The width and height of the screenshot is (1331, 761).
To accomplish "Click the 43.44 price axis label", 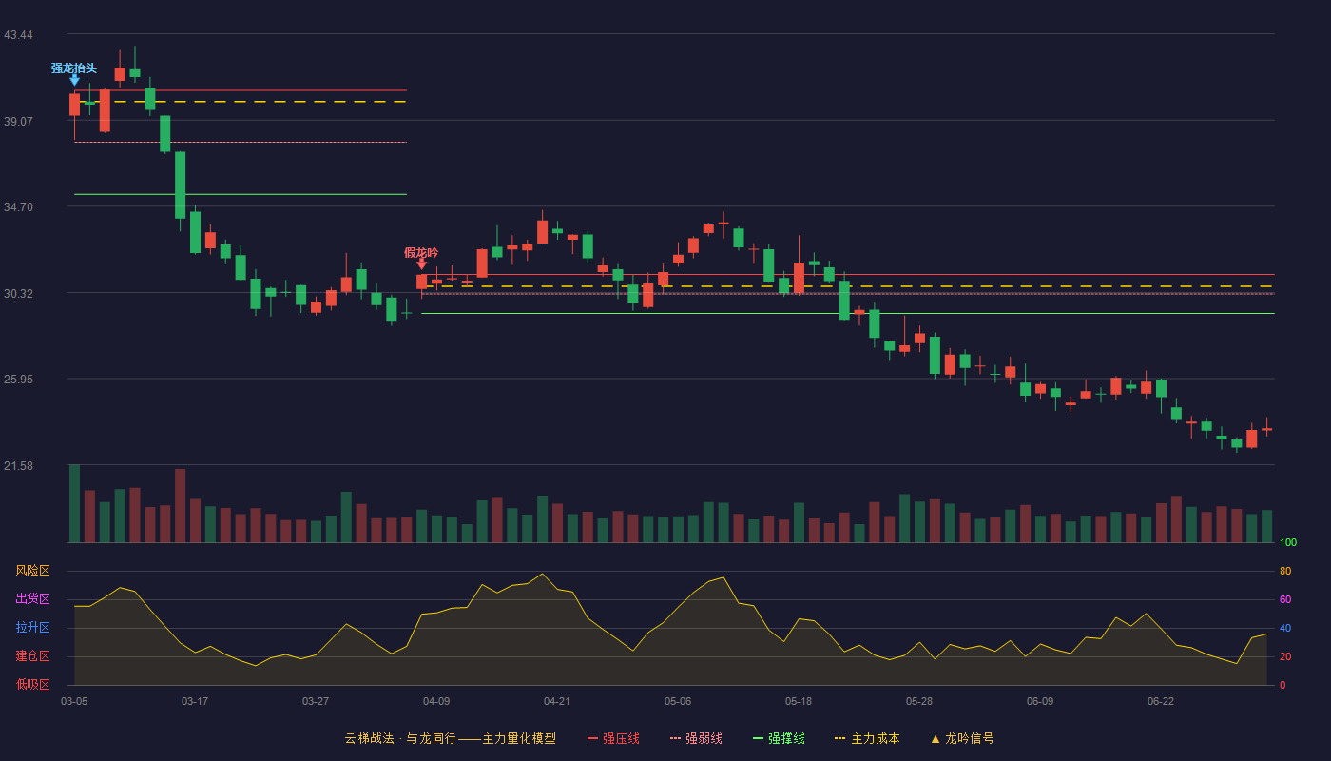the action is [x=18, y=35].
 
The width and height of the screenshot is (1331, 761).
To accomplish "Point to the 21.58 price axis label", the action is [x=18, y=465].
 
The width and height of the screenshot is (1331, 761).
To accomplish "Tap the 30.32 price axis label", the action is [x=18, y=294].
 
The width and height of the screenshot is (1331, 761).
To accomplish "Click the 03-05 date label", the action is [x=74, y=702].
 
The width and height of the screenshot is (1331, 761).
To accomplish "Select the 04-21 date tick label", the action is [x=557, y=702].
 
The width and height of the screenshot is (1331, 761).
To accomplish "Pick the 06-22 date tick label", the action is [x=1161, y=702].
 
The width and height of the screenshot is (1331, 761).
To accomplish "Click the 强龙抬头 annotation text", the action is [x=74, y=68].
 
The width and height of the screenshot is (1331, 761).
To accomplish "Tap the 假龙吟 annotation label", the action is [x=421, y=253].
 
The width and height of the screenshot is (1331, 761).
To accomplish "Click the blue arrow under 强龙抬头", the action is [x=74, y=80].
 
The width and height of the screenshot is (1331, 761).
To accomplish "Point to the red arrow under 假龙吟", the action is [x=421, y=264].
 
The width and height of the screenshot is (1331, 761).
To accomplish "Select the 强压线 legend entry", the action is [x=614, y=738].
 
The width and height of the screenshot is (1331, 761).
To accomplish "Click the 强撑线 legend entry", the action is [x=779, y=738].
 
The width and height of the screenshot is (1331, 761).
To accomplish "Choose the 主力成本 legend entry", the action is [x=867, y=738].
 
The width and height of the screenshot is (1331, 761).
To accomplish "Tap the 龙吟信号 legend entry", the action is [x=962, y=738].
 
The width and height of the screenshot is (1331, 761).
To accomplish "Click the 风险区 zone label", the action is [x=32, y=571].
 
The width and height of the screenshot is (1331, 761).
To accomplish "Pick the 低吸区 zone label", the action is [x=32, y=685].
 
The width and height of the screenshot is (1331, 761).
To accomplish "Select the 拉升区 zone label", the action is [x=32, y=628].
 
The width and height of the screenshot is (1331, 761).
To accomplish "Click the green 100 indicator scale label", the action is [x=1288, y=542].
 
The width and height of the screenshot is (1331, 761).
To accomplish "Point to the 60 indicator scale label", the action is [x=1285, y=599].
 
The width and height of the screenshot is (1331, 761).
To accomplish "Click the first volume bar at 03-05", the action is [x=74, y=503].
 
